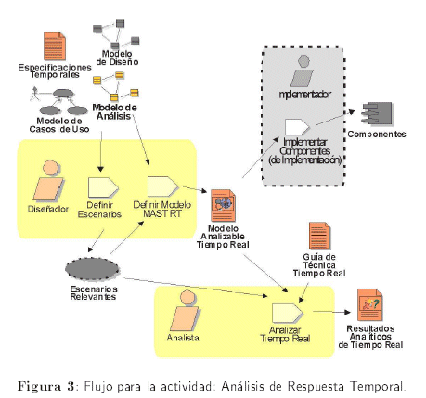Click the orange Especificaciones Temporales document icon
click(55, 45)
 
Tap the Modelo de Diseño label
click(117, 58)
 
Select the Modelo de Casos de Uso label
click(59, 125)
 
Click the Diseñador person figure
click(48, 180)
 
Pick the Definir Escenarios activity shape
click(103, 187)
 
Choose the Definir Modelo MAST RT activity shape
click(162, 186)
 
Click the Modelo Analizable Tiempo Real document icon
click(223, 206)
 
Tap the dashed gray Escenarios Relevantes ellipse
click(92, 269)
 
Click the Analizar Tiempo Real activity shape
click(287, 313)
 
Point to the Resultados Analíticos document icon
click(369, 305)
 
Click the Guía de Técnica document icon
click(319, 236)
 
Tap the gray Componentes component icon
click(377, 113)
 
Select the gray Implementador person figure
click(302, 71)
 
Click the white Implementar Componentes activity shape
click(297, 127)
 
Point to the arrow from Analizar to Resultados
click(331, 312)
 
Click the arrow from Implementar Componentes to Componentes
click(335, 118)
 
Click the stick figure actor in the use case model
click(35, 94)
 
